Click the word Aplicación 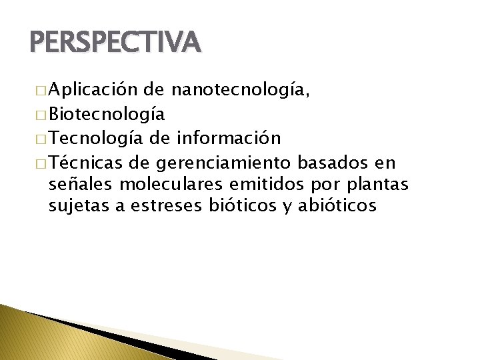click(x=93, y=91)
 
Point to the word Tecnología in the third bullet click(x=96, y=138)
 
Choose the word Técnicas click(x=86, y=162)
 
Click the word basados click(x=332, y=162)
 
